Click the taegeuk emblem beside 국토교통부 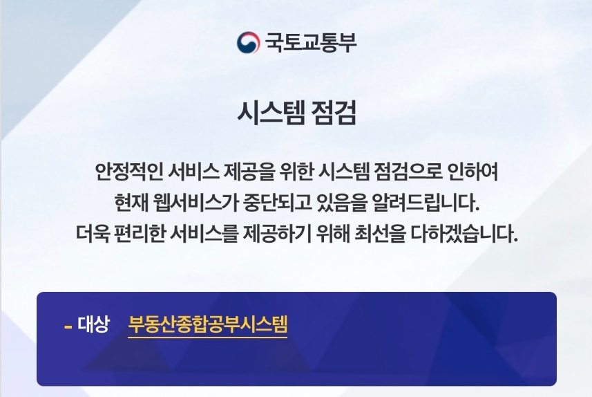click(248, 42)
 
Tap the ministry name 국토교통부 click(310, 42)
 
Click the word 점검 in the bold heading click(334, 113)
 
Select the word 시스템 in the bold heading click(271, 113)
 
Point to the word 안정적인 click(128, 172)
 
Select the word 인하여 click(472, 172)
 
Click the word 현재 click(131, 203)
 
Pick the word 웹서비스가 click(195, 203)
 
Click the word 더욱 click(93, 234)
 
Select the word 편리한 click(140, 234)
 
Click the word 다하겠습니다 click(464, 234)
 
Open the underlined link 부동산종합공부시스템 click(208, 324)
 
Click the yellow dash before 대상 click(68, 326)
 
